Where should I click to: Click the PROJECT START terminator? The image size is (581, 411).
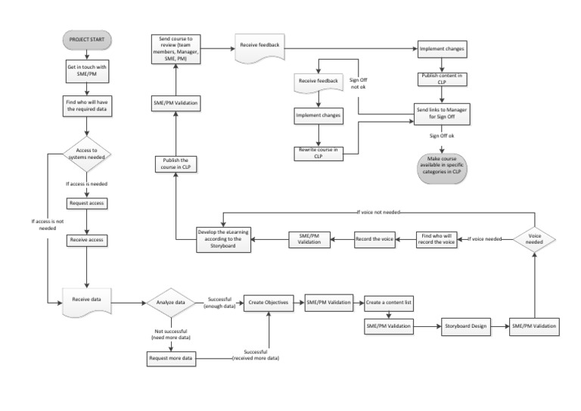point(88,40)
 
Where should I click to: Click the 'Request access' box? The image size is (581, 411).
point(88,204)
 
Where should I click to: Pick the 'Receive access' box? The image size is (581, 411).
point(88,240)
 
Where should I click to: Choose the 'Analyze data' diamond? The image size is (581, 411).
point(172,301)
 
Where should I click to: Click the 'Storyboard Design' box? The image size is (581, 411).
point(464,325)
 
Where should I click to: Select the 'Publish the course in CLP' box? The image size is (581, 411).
point(176,163)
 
